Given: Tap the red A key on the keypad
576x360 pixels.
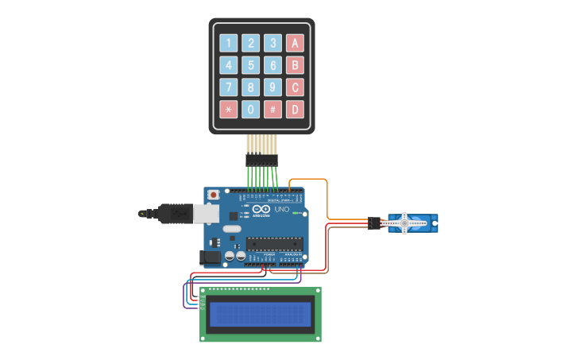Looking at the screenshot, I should (x=295, y=43).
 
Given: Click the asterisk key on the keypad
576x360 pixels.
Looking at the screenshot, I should (x=229, y=109).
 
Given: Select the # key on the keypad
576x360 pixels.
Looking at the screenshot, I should (x=273, y=109).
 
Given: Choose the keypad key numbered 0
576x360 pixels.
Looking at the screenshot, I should (x=250, y=109).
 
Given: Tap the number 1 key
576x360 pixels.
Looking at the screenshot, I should (x=229, y=43).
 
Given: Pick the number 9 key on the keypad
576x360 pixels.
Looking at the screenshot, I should (x=273, y=87).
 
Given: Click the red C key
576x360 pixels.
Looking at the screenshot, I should (x=295, y=87).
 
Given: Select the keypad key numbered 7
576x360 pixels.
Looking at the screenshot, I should (x=229, y=87).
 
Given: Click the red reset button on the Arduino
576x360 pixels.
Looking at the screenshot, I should (x=213, y=194).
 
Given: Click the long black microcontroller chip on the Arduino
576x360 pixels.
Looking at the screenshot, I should (x=274, y=243).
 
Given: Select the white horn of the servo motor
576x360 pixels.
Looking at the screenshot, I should (x=404, y=223).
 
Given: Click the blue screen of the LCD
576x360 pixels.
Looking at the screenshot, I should (x=260, y=315).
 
